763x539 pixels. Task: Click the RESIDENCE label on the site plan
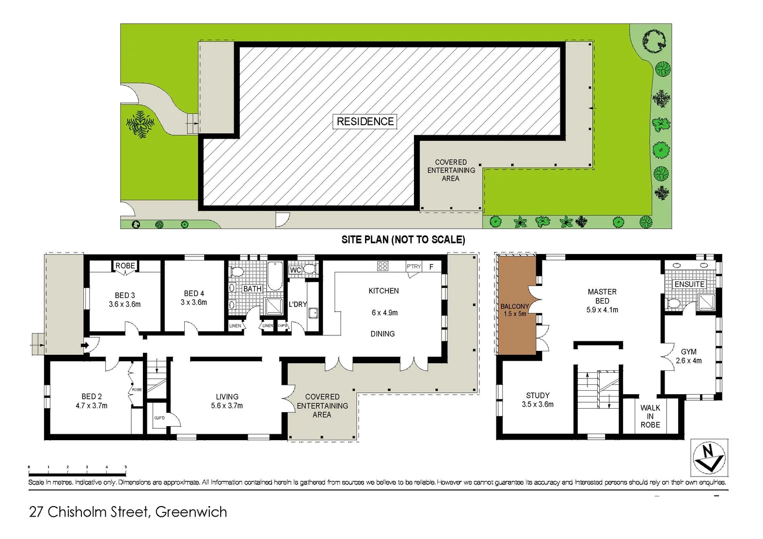365,121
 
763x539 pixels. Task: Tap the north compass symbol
709,458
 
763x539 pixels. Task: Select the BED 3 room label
125,295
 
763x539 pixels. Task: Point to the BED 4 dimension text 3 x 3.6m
194,302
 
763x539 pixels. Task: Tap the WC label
295,270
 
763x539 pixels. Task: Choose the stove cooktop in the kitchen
382,266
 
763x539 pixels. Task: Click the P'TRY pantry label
414,267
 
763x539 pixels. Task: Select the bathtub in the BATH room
275,276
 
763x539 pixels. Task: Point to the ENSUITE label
690,284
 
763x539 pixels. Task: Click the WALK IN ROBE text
650,416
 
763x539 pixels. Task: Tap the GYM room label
689,351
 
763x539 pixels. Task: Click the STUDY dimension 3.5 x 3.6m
537,404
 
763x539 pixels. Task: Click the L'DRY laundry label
298,304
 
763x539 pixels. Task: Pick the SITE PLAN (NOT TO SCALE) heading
403,240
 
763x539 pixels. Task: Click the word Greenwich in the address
191,512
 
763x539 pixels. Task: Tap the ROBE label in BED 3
125,266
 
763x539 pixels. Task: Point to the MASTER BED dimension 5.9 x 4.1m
602,310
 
